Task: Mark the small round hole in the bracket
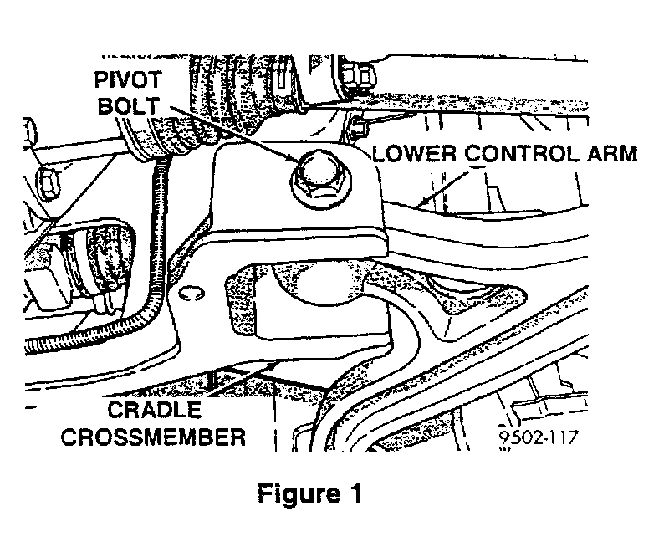click(189, 292)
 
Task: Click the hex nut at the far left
click(46, 178)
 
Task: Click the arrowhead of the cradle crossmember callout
click(279, 361)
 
